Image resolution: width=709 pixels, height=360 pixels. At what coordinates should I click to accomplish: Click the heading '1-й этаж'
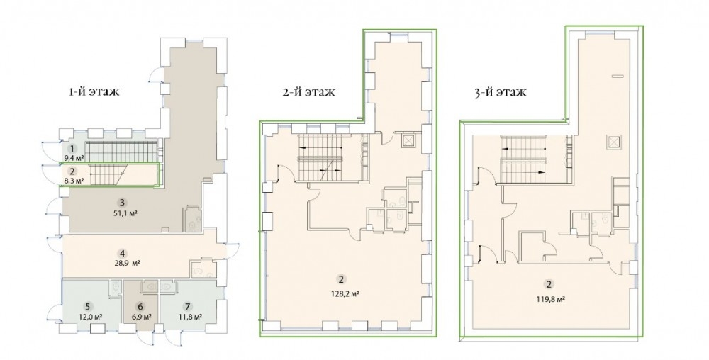tap(94, 92)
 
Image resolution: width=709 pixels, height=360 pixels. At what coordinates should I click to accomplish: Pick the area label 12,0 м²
tap(90, 316)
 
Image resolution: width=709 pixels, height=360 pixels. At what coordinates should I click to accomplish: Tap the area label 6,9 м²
tap(141, 316)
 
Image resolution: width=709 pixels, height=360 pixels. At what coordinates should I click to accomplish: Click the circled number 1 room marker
tap(71, 148)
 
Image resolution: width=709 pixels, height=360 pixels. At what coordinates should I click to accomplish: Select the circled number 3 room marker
tap(121, 203)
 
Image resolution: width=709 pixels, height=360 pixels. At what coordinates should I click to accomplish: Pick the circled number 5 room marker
tap(90, 306)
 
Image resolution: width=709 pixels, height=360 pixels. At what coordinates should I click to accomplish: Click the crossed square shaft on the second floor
tap(408, 140)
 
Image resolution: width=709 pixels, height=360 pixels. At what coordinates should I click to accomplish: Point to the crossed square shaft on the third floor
tap(613, 142)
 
